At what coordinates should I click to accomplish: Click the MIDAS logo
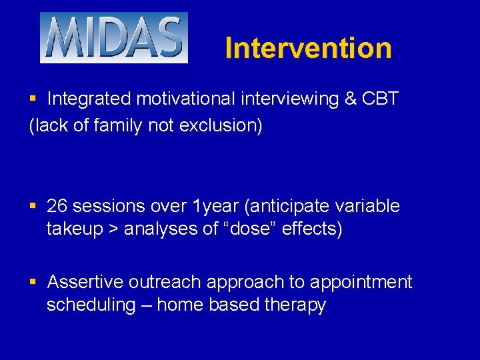[x=113, y=38]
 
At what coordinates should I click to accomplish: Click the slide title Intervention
[x=308, y=49]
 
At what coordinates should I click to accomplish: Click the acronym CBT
[x=381, y=99]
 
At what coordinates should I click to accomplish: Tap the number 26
[x=58, y=207]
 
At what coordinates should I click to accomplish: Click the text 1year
[x=211, y=207]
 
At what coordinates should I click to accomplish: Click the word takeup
[x=74, y=229]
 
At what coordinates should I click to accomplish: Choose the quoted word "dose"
[x=255, y=229]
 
